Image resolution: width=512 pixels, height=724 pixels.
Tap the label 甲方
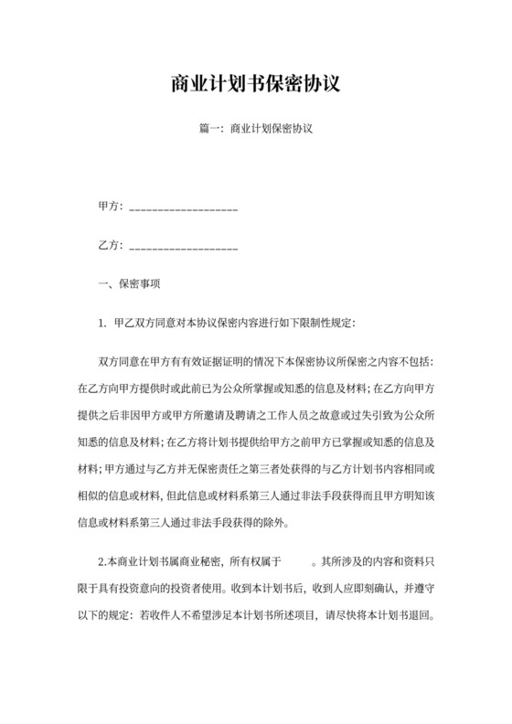tap(108, 208)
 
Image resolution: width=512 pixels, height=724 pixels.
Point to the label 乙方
tap(108, 246)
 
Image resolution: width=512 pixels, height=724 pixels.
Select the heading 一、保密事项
tap(129, 283)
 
